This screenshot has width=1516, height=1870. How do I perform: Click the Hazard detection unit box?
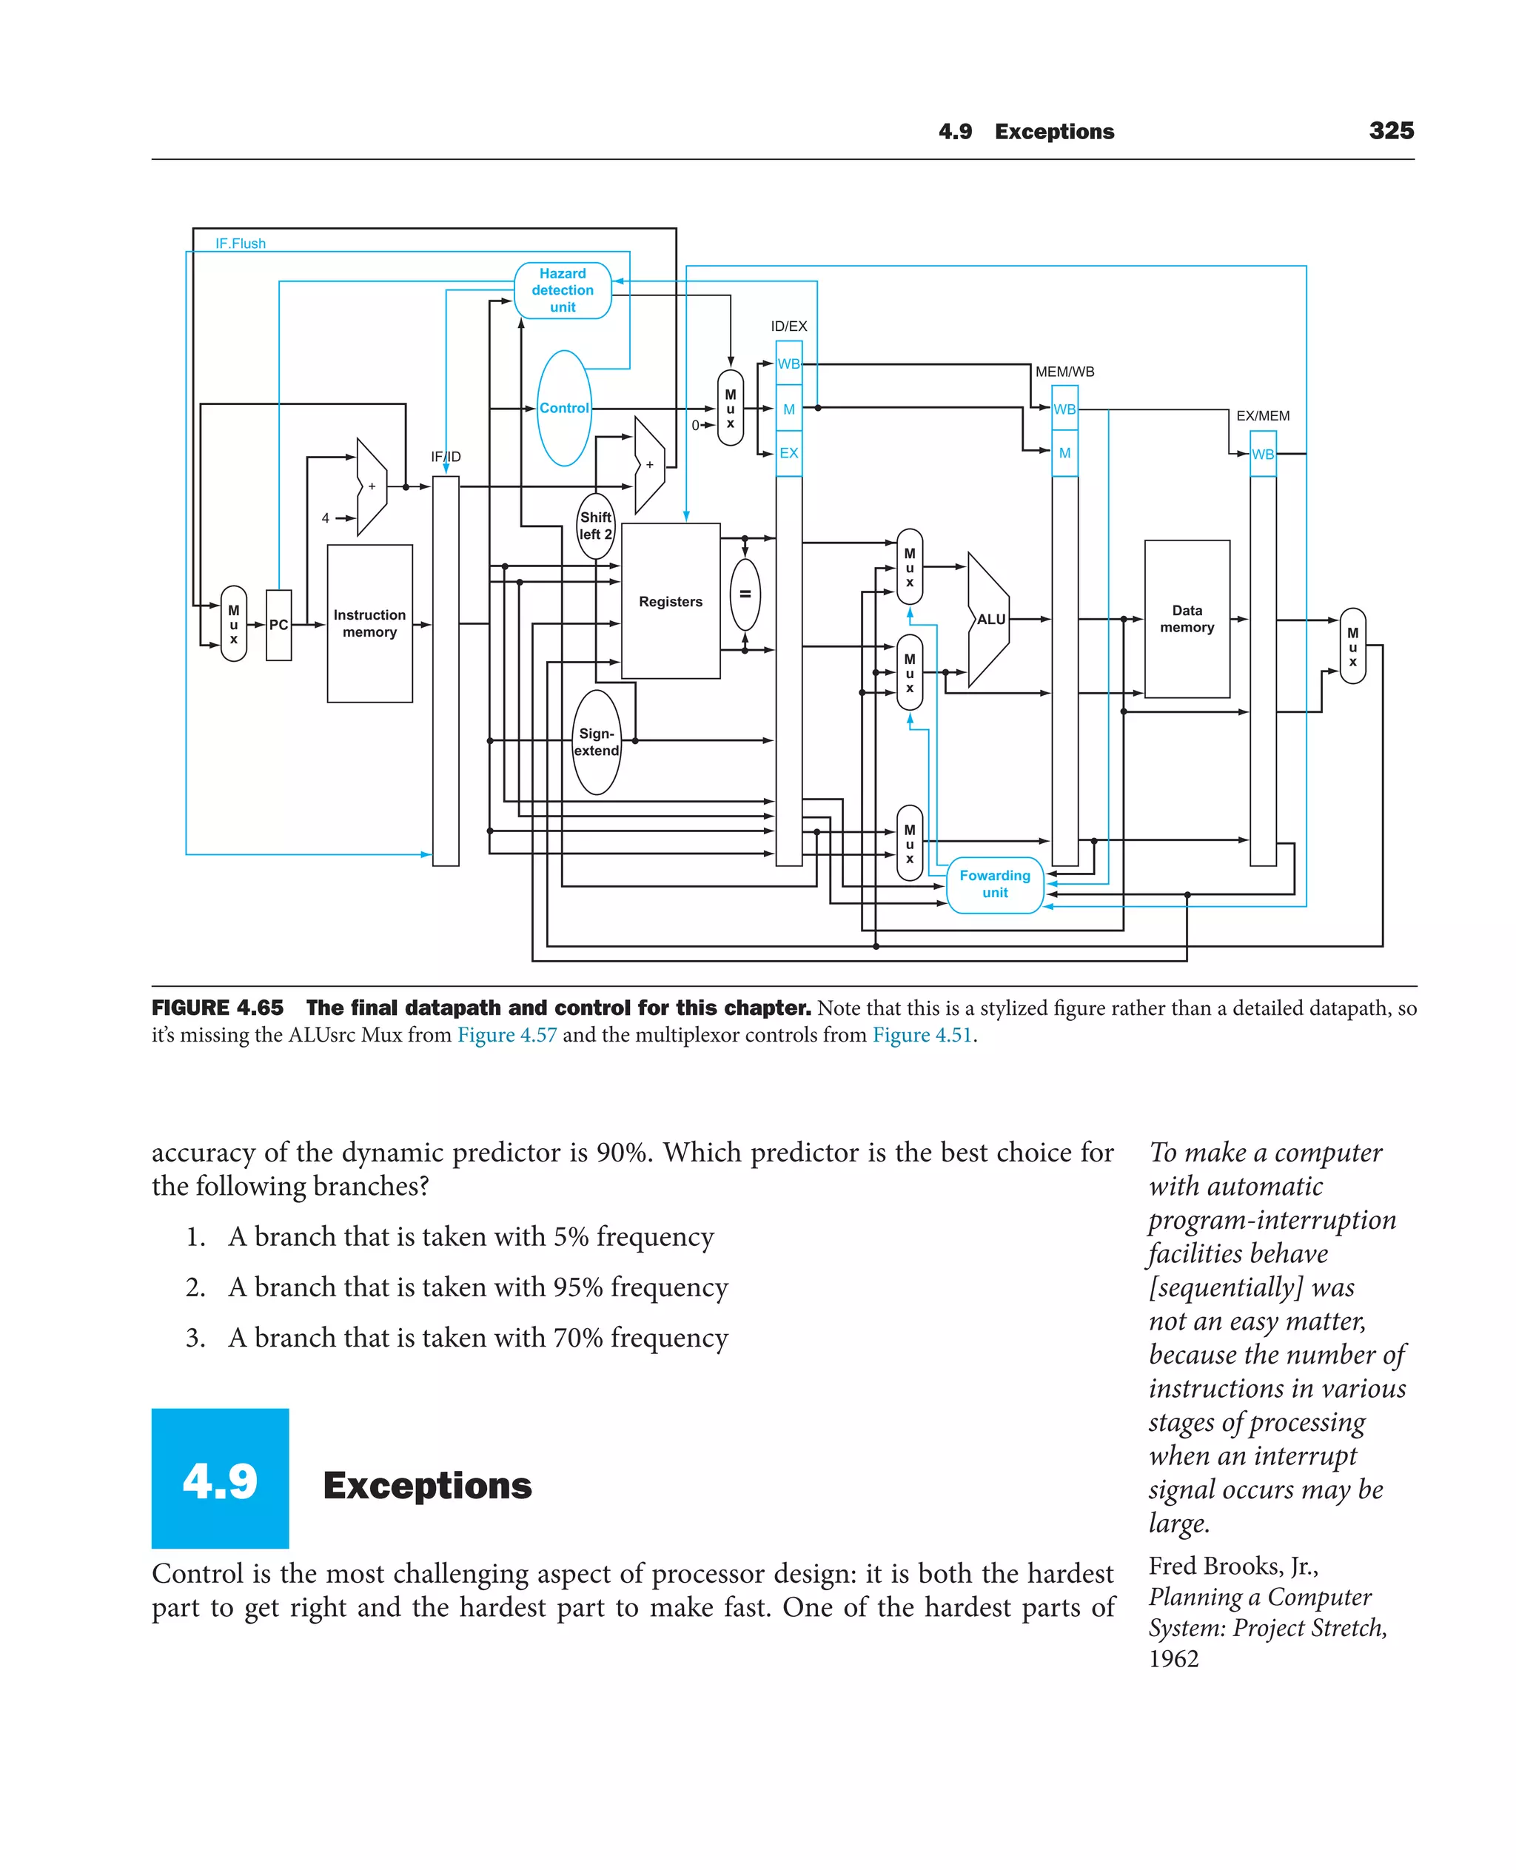[x=563, y=290]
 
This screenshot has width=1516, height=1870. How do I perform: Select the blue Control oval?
[x=564, y=408]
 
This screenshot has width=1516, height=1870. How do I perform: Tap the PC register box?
[x=278, y=625]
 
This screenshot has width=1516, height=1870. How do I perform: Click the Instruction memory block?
[x=369, y=623]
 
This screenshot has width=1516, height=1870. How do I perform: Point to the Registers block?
[x=671, y=601]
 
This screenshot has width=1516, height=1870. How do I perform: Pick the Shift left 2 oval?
[x=597, y=526]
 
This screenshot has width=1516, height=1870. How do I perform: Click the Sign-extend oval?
[x=597, y=742]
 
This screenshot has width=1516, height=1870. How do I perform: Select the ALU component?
[x=990, y=619]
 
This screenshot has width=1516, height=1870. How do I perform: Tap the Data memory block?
[x=1187, y=618]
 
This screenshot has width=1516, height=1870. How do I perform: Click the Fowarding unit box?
[x=995, y=884]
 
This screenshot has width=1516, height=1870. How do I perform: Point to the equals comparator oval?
[x=745, y=594]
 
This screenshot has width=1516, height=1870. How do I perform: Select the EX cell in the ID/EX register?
[x=788, y=453]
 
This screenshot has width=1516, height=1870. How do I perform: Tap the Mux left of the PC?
[x=234, y=623]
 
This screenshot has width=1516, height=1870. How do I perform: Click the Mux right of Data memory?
[x=1352, y=646]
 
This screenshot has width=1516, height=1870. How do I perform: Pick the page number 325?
[x=1391, y=131]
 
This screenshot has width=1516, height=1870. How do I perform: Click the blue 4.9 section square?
[x=220, y=1478]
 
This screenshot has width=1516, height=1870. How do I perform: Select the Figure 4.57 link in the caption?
[x=506, y=1035]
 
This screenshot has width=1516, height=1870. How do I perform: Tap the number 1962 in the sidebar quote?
[x=1174, y=1658]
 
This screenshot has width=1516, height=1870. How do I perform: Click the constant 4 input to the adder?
[x=326, y=518]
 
